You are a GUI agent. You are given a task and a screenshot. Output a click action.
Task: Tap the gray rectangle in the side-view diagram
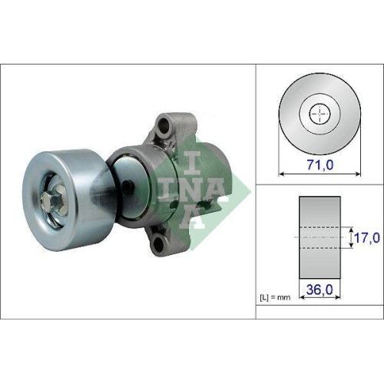coord(318,240)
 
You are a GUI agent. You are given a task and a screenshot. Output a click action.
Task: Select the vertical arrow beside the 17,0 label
coord(346,239)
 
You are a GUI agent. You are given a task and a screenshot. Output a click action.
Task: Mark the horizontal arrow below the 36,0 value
coord(318,300)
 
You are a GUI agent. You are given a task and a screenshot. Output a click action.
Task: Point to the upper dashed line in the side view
coord(318,228)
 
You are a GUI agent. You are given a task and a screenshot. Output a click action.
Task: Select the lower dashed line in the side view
coord(318,250)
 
